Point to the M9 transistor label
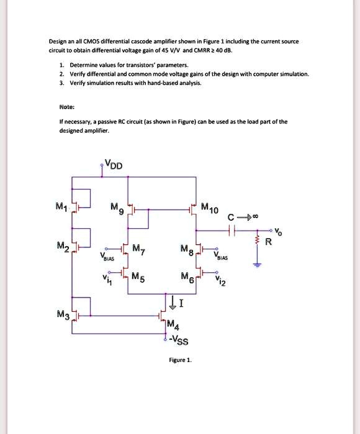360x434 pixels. tap(117, 208)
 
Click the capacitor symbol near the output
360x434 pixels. tap(231, 230)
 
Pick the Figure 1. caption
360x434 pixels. tap(181, 360)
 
